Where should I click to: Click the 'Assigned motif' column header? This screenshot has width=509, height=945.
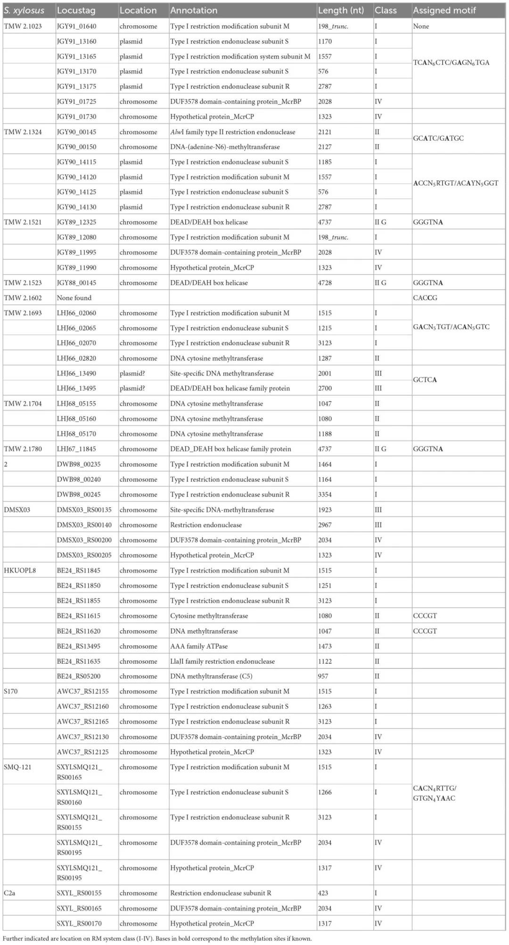pyautogui.click(x=444, y=10)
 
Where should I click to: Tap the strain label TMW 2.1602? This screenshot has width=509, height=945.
pyautogui.click(x=23, y=298)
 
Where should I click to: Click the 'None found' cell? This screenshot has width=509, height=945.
pyautogui.click(x=74, y=298)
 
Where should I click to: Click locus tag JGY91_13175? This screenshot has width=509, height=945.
pyautogui.click(x=76, y=87)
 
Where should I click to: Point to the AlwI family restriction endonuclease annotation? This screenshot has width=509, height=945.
pyautogui.click(x=232, y=132)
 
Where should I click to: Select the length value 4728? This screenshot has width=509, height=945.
pyautogui.click(x=325, y=283)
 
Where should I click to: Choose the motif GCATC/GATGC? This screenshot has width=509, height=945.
pyautogui.click(x=438, y=138)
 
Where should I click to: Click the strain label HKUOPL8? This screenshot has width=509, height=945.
pyautogui.click(x=20, y=570)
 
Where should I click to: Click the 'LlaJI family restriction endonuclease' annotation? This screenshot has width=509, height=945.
pyautogui.click(x=222, y=661)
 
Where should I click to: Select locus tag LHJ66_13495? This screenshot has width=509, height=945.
pyautogui.click(x=76, y=389)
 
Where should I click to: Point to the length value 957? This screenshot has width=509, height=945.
pyautogui.click(x=323, y=676)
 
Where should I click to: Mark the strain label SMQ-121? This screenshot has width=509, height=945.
pyautogui.click(x=17, y=767)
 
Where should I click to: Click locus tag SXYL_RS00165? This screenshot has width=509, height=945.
pyautogui.click(x=79, y=908)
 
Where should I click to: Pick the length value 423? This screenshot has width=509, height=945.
pyautogui.click(x=323, y=893)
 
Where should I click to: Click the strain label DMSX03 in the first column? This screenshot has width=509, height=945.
pyautogui.click(x=17, y=510)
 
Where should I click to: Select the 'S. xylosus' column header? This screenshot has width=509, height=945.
pyautogui.click(x=24, y=10)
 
